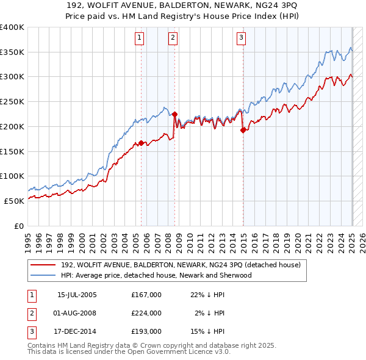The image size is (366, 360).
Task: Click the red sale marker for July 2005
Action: point(141,143)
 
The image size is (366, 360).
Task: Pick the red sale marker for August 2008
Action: point(174,114)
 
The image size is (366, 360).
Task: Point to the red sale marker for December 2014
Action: point(243,130)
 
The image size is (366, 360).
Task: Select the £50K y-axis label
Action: point(15,200)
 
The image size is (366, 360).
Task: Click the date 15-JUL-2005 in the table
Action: point(77,295)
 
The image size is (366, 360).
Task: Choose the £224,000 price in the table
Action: point(146,313)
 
